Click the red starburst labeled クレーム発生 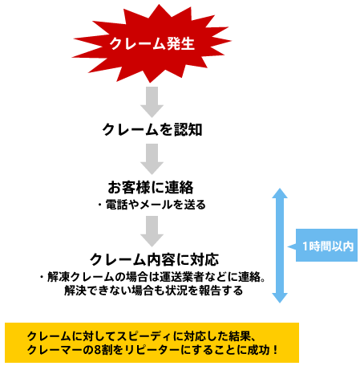[152, 43]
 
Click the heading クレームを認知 [152, 130]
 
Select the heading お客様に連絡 [151, 187]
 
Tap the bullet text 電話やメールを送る [156, 205]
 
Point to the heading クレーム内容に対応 [154, 259]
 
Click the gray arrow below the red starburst [152, 102]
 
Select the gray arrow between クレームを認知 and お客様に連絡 [152, 159]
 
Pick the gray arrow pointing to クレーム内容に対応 [152, 231]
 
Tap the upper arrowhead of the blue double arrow [280, 193]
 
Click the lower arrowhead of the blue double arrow [280, 298]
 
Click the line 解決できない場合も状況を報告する [153, 291]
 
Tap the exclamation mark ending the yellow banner [276, 350]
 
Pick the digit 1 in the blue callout [305, 246]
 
